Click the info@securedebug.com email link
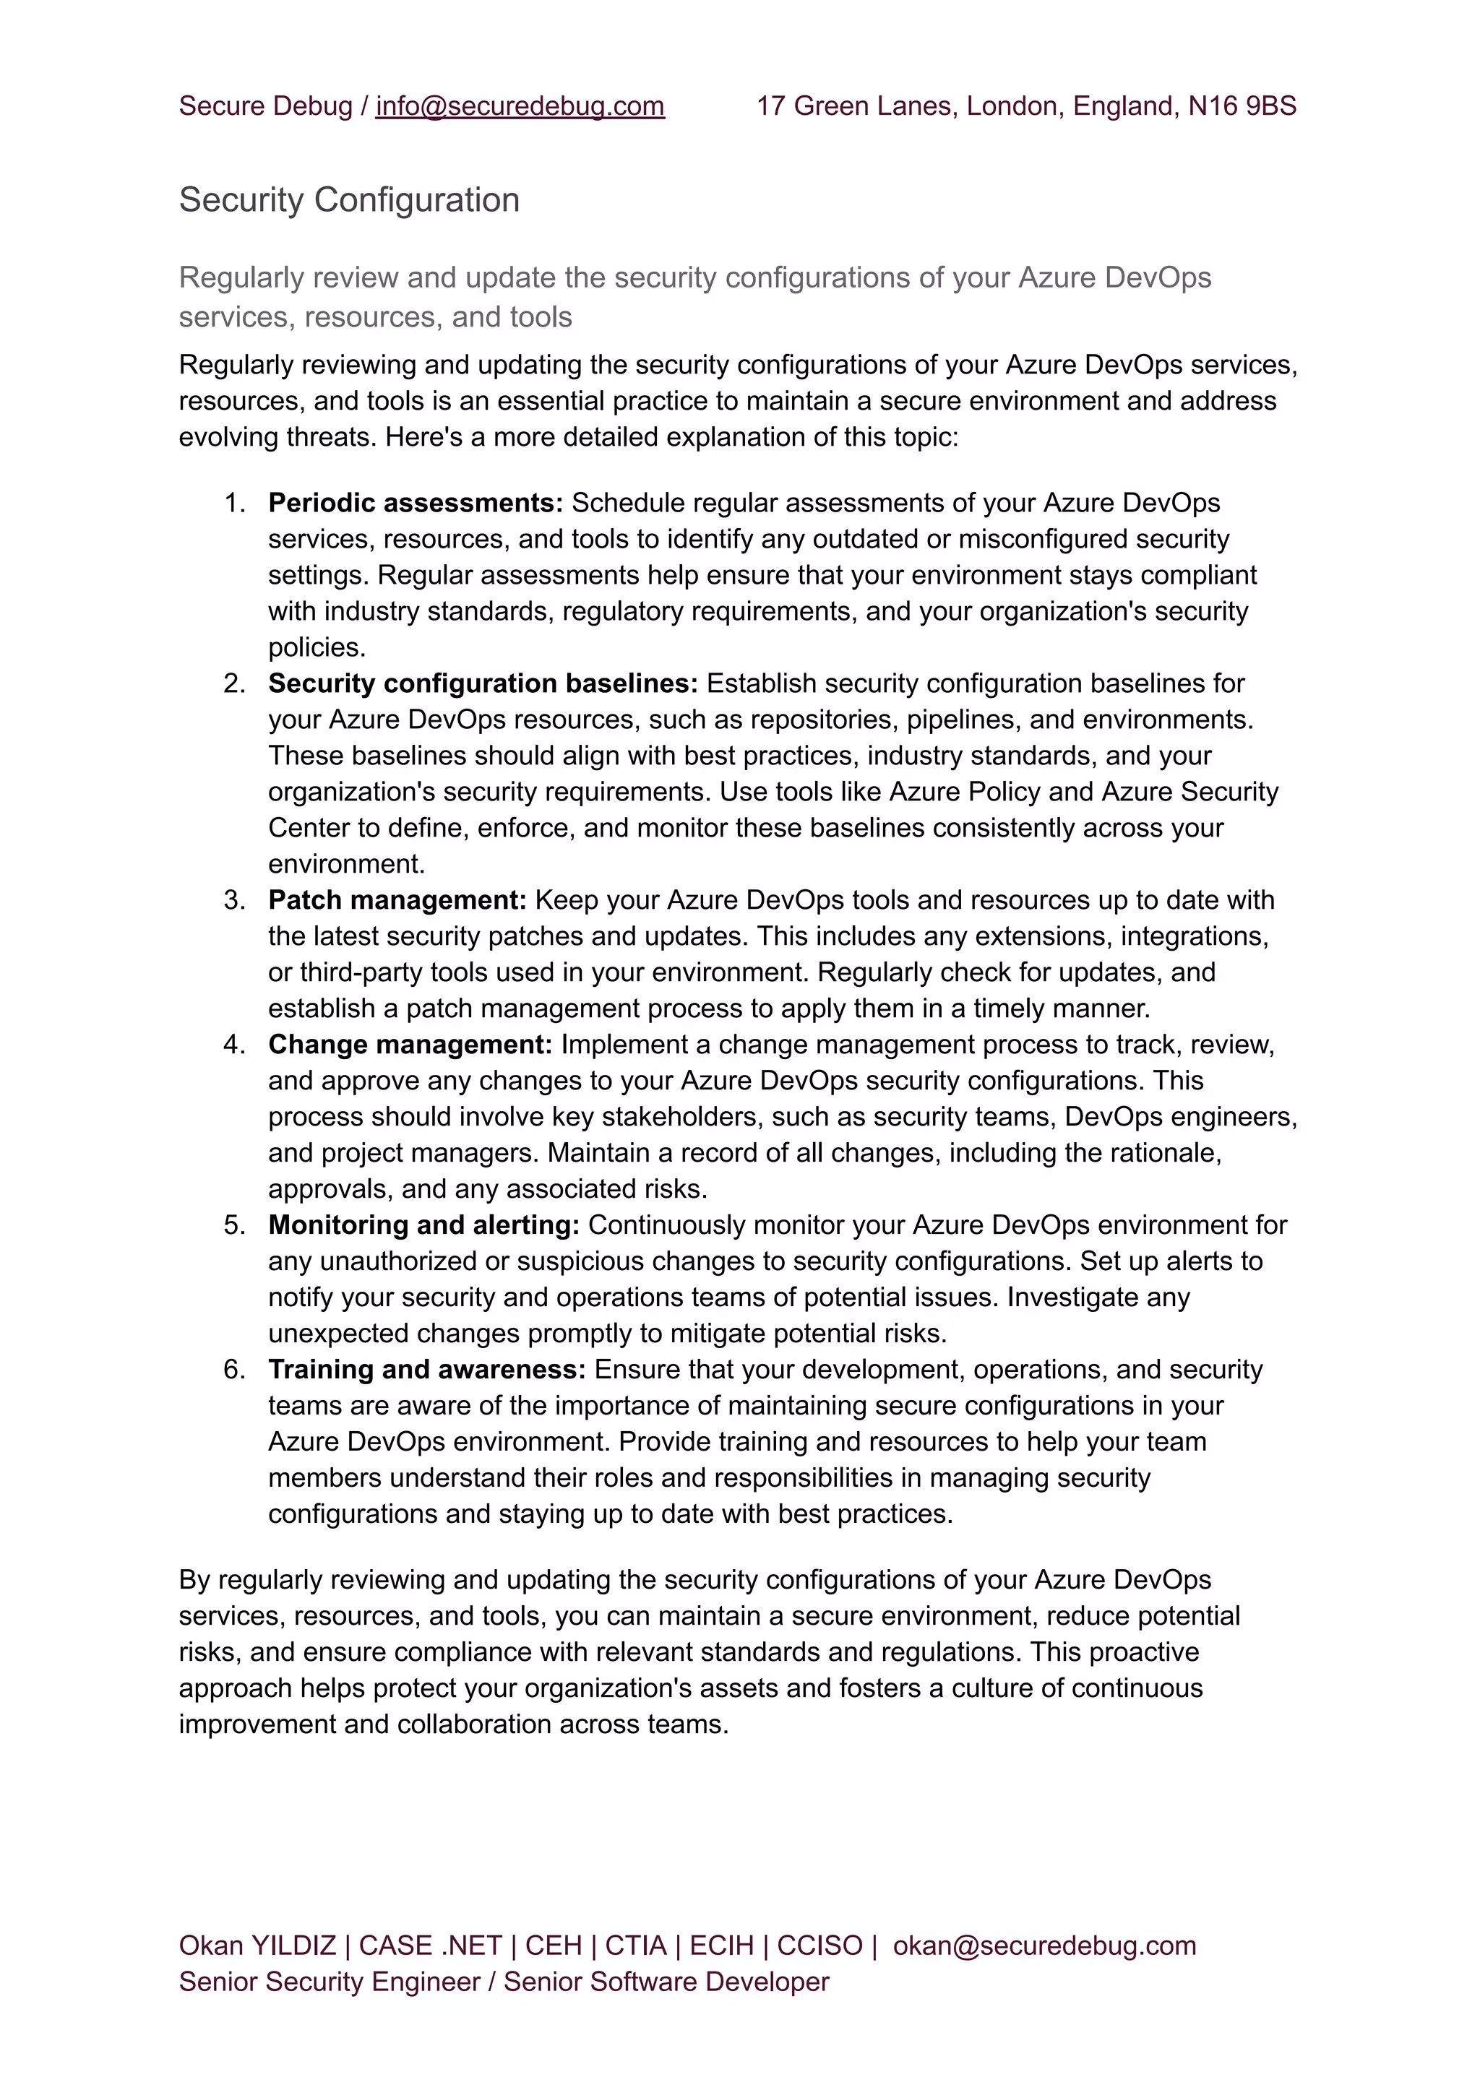click(x=520, y=107)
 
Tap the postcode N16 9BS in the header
click(x=1242, y=107)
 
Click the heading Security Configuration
click(x=349, y=200)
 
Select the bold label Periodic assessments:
click(x=416, y=503)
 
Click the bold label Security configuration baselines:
click(x=483, y=683)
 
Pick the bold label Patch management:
click(x=397, y=900)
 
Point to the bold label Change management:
click(x=410, y=1044)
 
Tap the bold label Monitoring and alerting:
click(x=423, y=1225)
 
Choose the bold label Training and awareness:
click(x=426, y=1369)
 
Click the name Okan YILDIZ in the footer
click(x=257, y=1945)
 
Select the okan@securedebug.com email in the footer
click(x=1044, y=1945)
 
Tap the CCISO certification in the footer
click(x=819, y=1945)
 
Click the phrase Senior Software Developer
click(x=666, y=1982)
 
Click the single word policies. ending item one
click(x=317, y=648)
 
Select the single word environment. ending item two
click(x=346, y=864)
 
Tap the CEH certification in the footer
click(x=553, y=1945)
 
